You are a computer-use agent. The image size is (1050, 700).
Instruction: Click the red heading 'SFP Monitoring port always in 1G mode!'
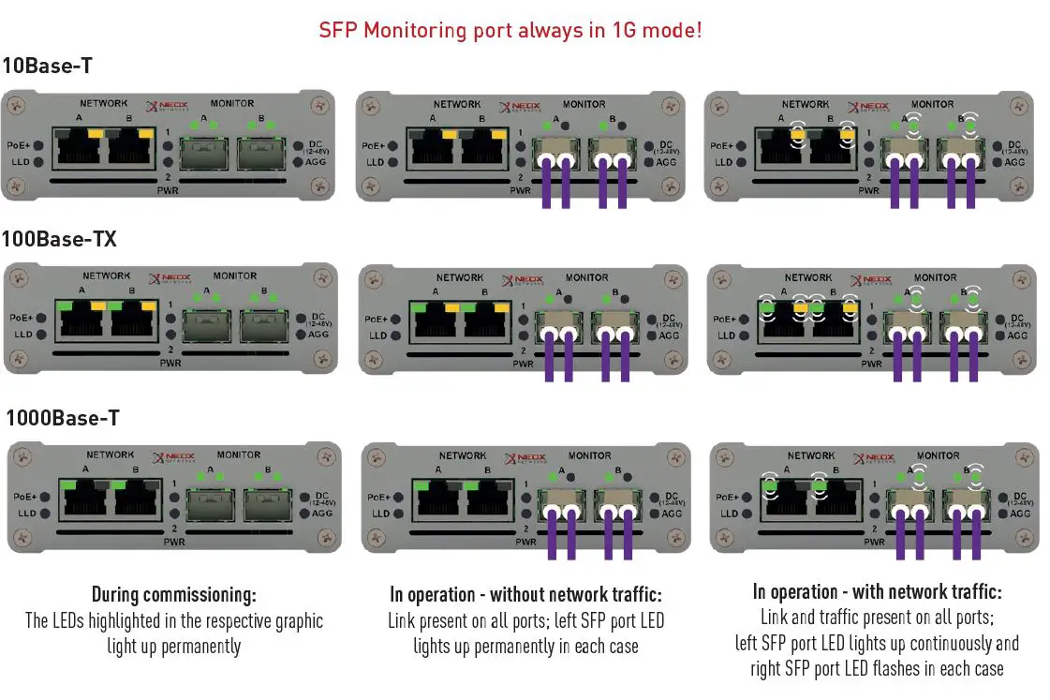510,30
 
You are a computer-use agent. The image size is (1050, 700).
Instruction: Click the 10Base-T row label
47,66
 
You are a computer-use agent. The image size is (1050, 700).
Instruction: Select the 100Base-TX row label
59,239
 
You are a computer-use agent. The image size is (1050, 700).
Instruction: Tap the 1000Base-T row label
63,418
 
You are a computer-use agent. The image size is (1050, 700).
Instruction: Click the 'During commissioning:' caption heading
173,594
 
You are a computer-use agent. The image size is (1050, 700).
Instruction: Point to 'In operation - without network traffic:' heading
525,594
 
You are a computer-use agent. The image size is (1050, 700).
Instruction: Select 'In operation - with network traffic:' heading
877,592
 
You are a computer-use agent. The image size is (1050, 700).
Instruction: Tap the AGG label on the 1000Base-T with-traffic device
1019,514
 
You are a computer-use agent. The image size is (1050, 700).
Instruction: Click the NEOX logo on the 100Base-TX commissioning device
170,278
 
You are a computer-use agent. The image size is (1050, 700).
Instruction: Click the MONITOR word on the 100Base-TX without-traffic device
586,277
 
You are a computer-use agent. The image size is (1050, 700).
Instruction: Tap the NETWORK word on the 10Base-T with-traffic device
806,104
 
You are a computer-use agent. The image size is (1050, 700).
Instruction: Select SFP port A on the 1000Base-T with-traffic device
909,504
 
